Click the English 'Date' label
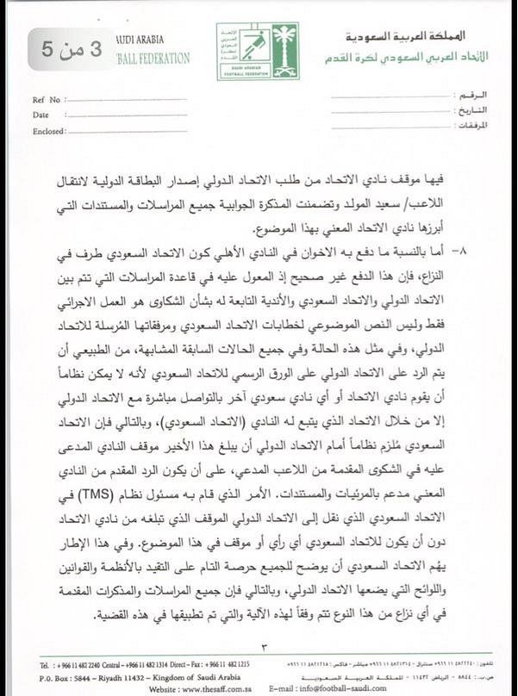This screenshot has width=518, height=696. pos(41,114)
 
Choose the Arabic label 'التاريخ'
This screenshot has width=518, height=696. pos(475,109)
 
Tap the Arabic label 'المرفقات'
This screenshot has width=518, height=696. pos(472,125)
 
